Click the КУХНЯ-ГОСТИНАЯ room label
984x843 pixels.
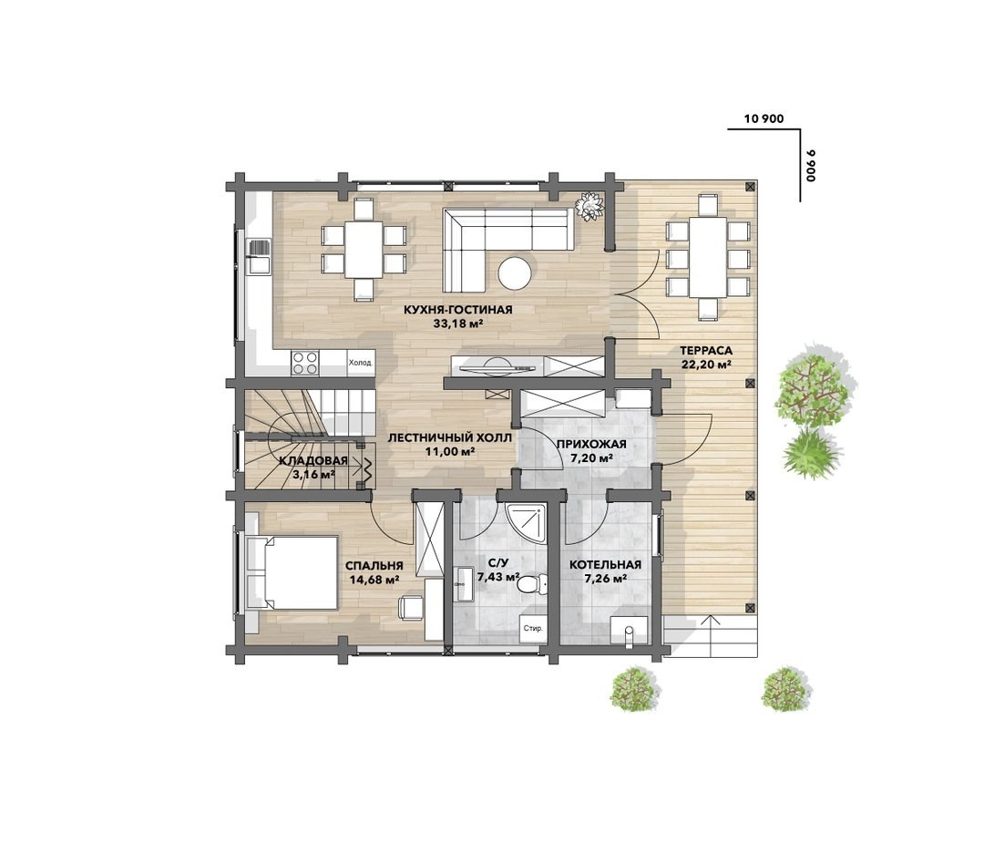click(x=457, y=310)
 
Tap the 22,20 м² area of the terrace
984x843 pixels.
click(x=707, y=365)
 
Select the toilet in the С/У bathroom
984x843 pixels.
click(x=529, y=585)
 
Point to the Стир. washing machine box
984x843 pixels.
click(x=532, y=628)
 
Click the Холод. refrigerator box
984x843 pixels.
click(x=361, y=363)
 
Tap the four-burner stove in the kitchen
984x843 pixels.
click(x=305, y=363)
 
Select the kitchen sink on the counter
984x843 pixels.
click(x=259, y=257)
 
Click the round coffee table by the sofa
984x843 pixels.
click(x=515, y=273)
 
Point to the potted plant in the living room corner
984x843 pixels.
click(x=589, y=207)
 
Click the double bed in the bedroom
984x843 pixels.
click(x=292, y=572)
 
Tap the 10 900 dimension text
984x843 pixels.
click(x=764, y=118)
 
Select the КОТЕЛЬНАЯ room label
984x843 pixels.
click(x=605, y=565)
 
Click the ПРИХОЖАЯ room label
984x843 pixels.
click(x=591, y=445)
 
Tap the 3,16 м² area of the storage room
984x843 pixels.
click(x=313, y=475)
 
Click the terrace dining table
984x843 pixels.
click(x=708, y=257)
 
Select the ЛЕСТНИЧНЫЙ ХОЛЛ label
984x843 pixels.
click(x=449, y=437)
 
